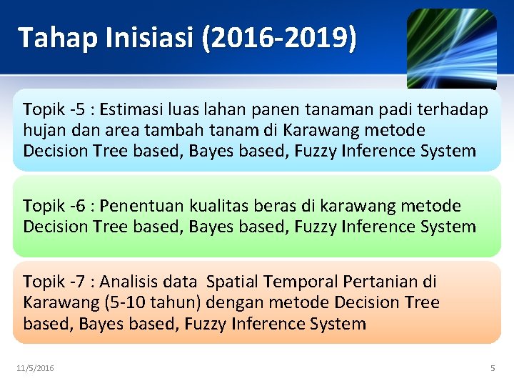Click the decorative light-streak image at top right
(451, 47)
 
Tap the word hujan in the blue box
(43, 131)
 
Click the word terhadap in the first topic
(456, 110)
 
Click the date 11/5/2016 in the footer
(35, 368)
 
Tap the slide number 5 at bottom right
(492, 368)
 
